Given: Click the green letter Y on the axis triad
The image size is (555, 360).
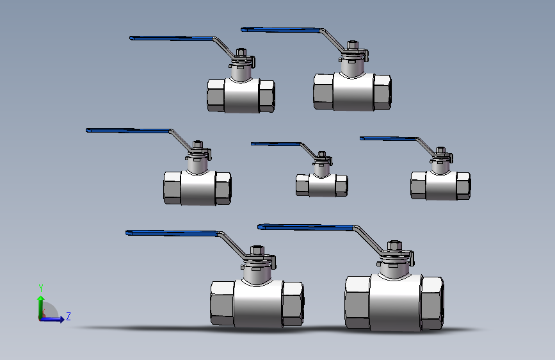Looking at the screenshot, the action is pos(41,288).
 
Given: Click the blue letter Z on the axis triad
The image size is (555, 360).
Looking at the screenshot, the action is pos(68,316).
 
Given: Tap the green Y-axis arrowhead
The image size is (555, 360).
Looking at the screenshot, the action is pos(41,299).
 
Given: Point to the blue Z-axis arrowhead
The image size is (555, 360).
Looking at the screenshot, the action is pos(61,319).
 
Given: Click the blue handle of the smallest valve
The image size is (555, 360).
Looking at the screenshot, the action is pos(276,144).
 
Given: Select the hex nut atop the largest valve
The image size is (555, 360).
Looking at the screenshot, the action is pos(394,245).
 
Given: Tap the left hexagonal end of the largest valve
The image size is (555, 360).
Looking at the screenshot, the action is pos(357,302).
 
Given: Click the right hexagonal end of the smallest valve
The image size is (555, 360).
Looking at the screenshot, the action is pos(341,185).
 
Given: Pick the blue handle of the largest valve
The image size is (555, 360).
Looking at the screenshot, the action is pos(307,227).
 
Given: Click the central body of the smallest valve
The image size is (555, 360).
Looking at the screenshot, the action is pos(322,185).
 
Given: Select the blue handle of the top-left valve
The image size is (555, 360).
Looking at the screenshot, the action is pos(172,38).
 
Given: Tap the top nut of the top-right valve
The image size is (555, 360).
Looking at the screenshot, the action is pos(352,45).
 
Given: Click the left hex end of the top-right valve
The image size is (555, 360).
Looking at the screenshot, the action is pos(323,92).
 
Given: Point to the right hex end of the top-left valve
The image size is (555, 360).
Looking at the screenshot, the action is pos(266,95).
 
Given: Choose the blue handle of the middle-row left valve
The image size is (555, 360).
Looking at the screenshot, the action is pos(129,131).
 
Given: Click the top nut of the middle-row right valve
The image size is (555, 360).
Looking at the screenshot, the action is pos(440,151).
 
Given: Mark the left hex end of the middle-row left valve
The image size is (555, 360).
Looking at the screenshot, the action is pos(172,188).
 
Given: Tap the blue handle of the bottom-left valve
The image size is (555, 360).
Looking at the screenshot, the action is pos(173,233).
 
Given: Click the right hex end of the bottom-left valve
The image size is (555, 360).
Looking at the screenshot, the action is pos(293,304).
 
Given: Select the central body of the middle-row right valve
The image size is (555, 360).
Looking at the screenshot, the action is pos(441,185).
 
